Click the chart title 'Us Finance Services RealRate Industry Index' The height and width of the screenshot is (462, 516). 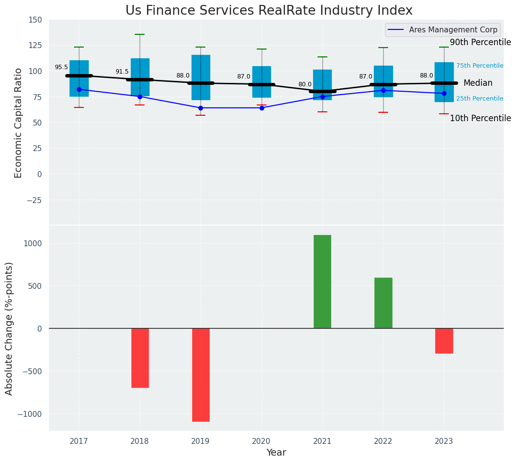pyautogui.click(x=269, y=11)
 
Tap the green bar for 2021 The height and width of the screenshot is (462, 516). pyautogui.click(x=322, y=282)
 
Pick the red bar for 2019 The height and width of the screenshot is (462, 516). pyautogui.click(x=201, y=375)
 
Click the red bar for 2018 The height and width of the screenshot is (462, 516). pyautogui.click(x=140, y=358)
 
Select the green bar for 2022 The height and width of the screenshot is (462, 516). pyautogui.click(x=383, y=303)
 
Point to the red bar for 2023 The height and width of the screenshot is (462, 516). pyautogui.click(x=444, y=341)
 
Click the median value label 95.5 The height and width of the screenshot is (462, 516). pyautogui.click(x=61, y=68)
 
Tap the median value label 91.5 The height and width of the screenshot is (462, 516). pyautogui.click(x=122, y=72)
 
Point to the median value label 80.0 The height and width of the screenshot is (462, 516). pyautogui.click(x=305, y=84)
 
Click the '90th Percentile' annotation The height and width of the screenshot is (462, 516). pyautogui.click(x=480, y=43)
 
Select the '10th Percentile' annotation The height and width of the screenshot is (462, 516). pyautogui.click(x=480, y=119)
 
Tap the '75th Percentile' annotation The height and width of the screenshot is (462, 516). pyautogui.click(x=480, y=66)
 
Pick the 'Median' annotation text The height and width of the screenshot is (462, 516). pyautogui.click(x=478, y=83)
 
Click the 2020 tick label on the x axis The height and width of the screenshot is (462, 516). pyautogui.click(x=262, y=441)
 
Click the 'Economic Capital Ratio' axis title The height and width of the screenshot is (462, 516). pyautogui.click(x=19, y=123)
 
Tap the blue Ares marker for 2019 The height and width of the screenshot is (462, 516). pyautogui.click(x=201, y=108)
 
